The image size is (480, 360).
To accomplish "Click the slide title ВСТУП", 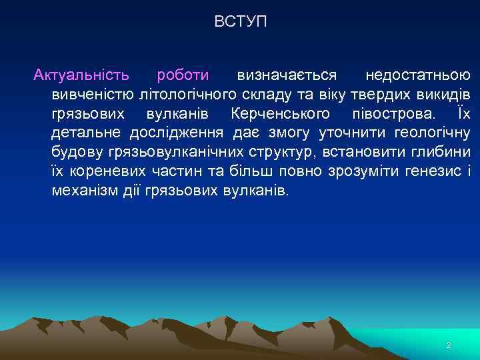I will pos(240,22).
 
